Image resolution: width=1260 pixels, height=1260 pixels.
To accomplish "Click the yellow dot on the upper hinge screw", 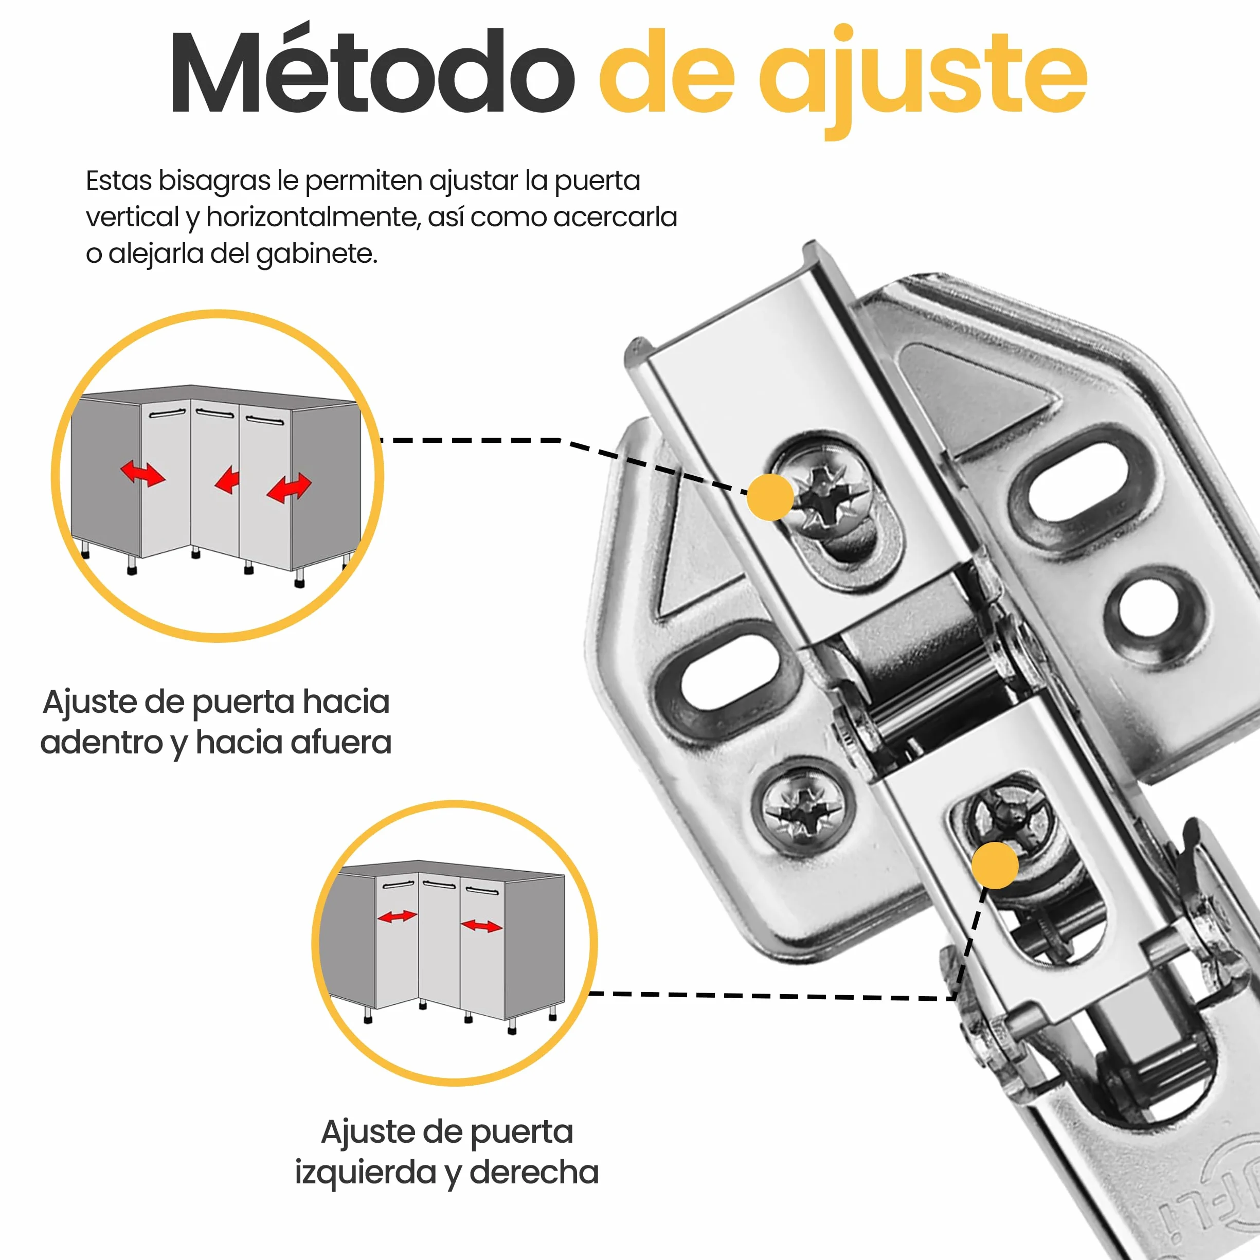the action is pos(770,497).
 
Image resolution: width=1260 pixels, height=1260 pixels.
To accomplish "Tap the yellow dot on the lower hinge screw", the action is pos(995,866).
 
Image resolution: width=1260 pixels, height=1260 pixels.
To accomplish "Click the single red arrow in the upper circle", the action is pos(227,479).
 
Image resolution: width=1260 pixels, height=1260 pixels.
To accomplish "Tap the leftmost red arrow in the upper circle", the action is pos(143,474).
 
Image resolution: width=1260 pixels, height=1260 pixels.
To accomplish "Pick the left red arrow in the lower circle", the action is pos(397,916).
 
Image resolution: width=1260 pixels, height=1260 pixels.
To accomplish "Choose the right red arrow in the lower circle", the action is pos(481,925).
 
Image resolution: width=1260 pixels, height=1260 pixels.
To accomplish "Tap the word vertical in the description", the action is pos(132,217).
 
